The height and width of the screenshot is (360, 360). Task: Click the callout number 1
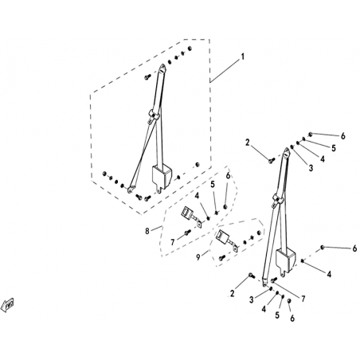(242, 57)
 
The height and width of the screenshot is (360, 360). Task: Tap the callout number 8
(147, 231)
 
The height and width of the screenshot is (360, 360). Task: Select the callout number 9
(198, 257)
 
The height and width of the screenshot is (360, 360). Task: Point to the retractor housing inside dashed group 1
(162, 177)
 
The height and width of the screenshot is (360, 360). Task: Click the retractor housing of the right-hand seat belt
(286, 260)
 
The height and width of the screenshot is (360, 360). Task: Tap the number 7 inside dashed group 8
(173, 242)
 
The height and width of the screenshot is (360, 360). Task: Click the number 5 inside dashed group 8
(213, 184)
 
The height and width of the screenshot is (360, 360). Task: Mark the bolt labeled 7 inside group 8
(187, 233)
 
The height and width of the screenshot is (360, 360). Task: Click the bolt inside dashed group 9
(221, 257)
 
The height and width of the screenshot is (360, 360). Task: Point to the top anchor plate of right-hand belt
(287, 152)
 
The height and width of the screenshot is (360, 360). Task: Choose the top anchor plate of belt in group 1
(162, 68)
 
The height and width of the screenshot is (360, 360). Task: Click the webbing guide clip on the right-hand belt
(278, 199)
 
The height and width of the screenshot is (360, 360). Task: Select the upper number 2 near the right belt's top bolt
(248, 143)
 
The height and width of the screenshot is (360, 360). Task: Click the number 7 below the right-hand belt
(303, 299)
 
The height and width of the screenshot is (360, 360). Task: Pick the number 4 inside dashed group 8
(197, 196)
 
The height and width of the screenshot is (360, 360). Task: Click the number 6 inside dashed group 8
(228, 176)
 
